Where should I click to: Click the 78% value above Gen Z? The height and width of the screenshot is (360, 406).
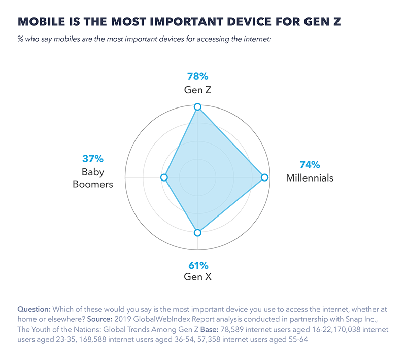coord(197,77)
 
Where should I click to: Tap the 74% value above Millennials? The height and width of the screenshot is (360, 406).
coord(309,165)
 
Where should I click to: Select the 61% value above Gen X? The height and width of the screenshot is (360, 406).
coord(197,265)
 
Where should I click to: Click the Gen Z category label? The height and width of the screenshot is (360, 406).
coord(197,90)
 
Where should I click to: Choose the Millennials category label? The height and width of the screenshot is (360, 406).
coord(309,178)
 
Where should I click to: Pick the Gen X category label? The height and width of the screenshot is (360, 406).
coord(197,277)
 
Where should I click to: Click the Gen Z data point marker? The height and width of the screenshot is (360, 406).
coord(198,107)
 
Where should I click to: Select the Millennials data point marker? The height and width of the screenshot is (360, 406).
coord(264,177)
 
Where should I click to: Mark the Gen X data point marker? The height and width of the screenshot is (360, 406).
coord(198,233)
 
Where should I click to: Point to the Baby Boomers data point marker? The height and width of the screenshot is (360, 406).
coord(163,177)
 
